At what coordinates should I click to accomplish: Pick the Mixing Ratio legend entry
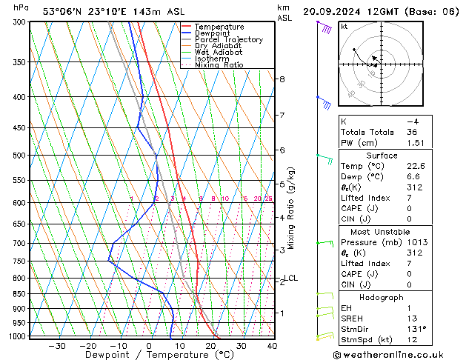[222, 65]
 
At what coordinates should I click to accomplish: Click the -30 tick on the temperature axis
[57, 346]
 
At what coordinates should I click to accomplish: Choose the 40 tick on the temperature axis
[272, 346]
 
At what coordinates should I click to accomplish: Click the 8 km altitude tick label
[282, 79]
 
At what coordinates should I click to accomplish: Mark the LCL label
[290, 279]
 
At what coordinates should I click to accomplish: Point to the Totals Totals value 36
[411, 132]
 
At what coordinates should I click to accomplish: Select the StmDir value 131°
[416, 329]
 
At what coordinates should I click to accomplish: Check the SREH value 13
[411, 318]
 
